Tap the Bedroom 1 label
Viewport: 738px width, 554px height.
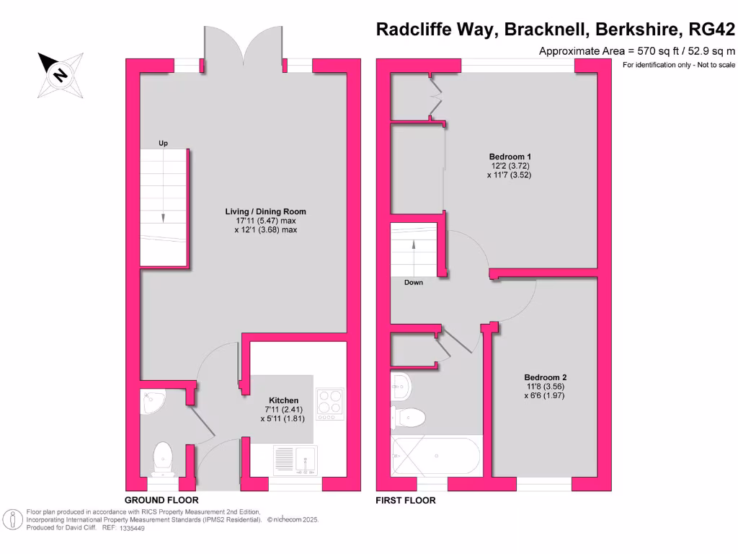(x=510, y=157)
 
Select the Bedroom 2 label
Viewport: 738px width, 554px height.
(x=545, y=377)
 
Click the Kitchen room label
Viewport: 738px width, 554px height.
(x=283, y=400)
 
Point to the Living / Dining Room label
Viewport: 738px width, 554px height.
(x=260, y=211)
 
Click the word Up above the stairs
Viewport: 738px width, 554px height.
(x=164, y=144)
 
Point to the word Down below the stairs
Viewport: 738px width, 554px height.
(x=414, y=283)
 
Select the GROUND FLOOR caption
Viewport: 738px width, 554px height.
(x=161, y=500)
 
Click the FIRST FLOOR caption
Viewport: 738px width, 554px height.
(x=406, y=500)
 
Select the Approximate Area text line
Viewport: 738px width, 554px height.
(x=637, y=51)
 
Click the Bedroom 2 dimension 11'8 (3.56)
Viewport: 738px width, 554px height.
(x=545, y=387)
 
